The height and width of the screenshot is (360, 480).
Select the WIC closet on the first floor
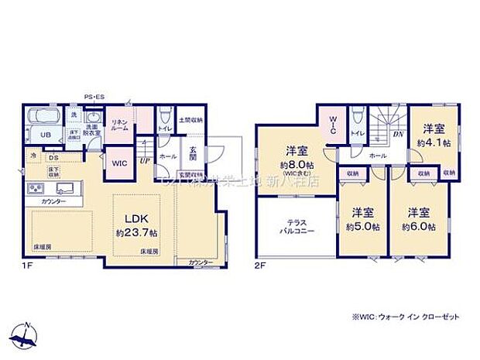tap(118, 164)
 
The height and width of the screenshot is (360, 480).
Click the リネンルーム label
tap(118, 125)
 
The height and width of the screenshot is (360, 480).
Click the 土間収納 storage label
tap(191, 120)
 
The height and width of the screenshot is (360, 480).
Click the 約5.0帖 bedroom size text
tap(362, 226)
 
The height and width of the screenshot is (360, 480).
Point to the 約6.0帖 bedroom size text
tap(418, 226)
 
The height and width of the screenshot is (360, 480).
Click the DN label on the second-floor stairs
tap(397, 134)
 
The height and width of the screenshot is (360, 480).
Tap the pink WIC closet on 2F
tap(328, 125)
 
